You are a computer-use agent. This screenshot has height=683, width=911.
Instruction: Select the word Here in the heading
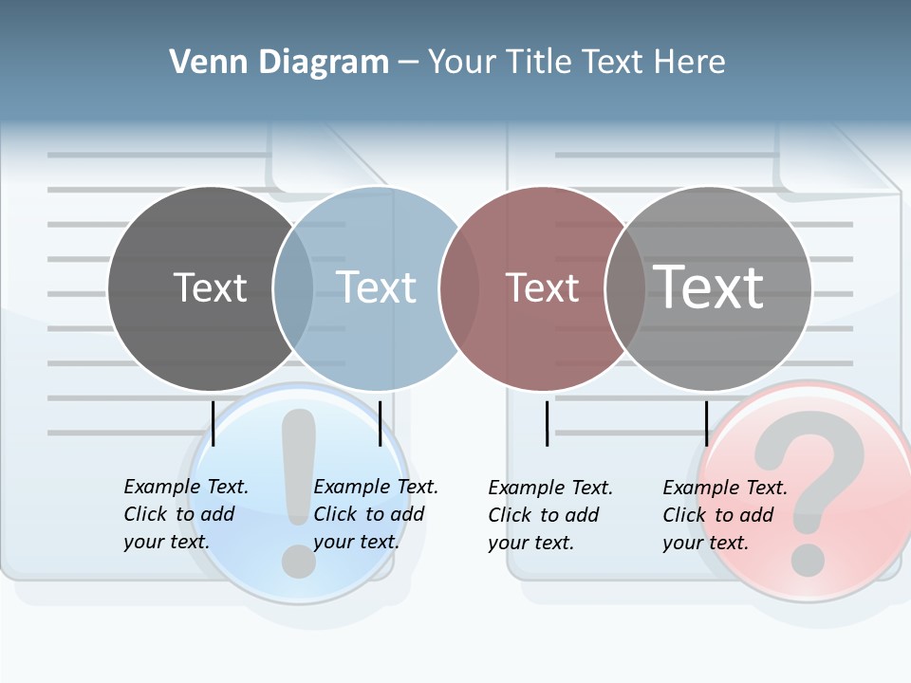click(x=690, y=62)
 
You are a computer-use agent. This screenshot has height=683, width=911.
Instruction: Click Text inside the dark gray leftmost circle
click(x=210, y=287)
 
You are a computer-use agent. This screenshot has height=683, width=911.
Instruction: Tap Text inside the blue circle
click(x=376, y=287)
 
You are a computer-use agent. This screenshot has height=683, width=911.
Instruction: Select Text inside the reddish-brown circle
click(x=542, y=287)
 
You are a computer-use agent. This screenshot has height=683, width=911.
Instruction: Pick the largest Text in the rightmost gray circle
click(x=709, y=287)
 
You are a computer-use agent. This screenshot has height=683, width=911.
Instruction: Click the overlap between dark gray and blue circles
click(x=293, y=287)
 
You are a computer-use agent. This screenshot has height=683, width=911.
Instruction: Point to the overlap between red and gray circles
click(x=625, y=287)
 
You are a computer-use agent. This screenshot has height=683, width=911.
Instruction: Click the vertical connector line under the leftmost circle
click(x=214, y=423)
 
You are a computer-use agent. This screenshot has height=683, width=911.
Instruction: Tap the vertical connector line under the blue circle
click(x=380, y=423)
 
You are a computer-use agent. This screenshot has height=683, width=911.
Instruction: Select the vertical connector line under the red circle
click(x=547, y=423)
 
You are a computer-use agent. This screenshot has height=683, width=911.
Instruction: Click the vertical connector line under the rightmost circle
click(x=706, y=423)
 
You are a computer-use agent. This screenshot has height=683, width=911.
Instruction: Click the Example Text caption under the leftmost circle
click(x=185, y=514)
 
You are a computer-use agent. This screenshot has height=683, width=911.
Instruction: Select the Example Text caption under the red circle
click(x=549, y=515)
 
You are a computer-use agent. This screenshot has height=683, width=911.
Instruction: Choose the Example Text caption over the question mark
click(x=724, y=515)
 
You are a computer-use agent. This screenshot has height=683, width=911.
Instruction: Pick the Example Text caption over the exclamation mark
click(x=375, y=514)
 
